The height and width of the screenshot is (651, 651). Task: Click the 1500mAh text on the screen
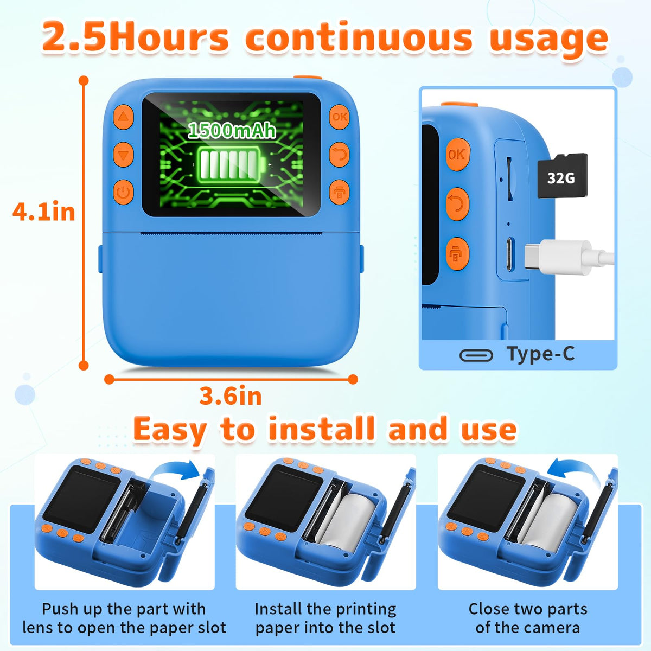(x=232, y=130)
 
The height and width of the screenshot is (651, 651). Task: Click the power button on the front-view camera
(x=123, y=192)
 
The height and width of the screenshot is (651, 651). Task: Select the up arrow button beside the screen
(x=123, y=117)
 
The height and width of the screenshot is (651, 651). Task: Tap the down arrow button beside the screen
(x=123, y=155)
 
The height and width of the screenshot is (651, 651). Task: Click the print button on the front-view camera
(x=339, y=192)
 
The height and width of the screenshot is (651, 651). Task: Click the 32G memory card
(x=563, y=176)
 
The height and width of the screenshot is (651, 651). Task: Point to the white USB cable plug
(x=558, y=257)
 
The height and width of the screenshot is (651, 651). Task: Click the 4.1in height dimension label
(x=43, y=212)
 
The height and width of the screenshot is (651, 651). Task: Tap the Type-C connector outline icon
(x=476, y=355)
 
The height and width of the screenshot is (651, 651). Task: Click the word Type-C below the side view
(x=540, y=354)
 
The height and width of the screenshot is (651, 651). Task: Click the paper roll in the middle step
(x=348, y=517)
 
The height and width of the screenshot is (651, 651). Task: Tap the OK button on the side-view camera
(x=457, y=155)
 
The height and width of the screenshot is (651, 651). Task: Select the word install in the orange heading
(x=321, y=429)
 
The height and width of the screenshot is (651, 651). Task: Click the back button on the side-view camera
(x=457, y=205)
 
